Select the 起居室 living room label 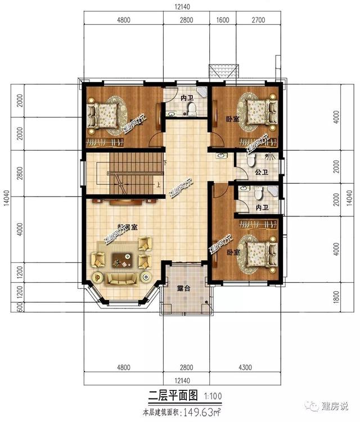128,226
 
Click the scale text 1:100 214,396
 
